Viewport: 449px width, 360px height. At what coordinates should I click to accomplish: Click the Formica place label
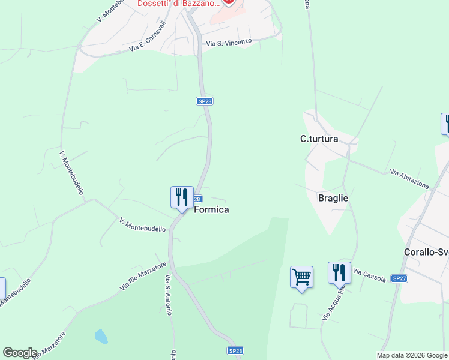211,210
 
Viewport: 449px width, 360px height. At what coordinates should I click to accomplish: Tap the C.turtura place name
319,139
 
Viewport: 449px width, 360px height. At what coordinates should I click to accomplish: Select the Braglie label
333,198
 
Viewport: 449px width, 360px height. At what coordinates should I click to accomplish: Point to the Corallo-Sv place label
426,252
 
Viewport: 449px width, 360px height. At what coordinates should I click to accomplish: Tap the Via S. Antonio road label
169,295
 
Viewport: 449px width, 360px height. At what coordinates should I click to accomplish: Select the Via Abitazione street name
409,179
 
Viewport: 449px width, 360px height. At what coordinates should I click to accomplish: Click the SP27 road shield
399,279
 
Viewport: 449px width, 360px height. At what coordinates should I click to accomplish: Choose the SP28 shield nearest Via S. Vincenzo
205,101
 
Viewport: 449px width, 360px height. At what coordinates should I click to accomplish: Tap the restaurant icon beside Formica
182,197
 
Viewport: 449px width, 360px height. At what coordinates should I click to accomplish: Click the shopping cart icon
301,277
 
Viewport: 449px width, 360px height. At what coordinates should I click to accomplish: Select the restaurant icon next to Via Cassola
339,272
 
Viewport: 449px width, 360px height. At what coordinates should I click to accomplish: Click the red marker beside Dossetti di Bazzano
228,2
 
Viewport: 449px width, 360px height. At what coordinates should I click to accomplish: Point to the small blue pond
101,336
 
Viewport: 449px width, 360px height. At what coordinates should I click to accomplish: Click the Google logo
20,353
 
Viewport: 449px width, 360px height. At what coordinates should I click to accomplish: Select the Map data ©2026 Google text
412,355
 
